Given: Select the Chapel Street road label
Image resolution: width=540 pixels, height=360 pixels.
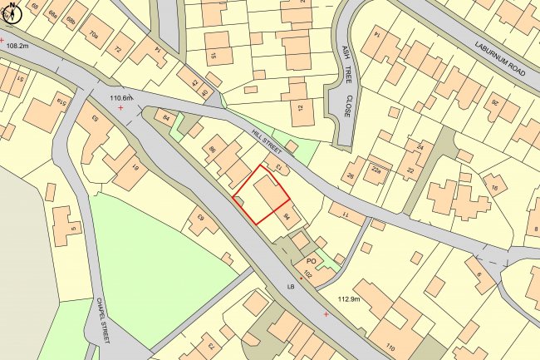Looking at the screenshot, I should point(110,319).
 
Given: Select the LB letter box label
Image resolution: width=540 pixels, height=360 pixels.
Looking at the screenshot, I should point(291,287).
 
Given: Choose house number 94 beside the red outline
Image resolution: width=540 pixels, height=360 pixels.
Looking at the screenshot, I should point(287,218).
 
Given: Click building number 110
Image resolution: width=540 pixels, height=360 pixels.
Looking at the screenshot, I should point(390,346).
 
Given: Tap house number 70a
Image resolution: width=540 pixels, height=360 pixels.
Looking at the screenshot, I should point(94,35).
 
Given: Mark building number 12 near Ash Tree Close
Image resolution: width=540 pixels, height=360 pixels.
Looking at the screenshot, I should point(300,108).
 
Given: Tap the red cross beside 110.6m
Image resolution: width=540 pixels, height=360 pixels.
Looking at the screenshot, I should point(121,108).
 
